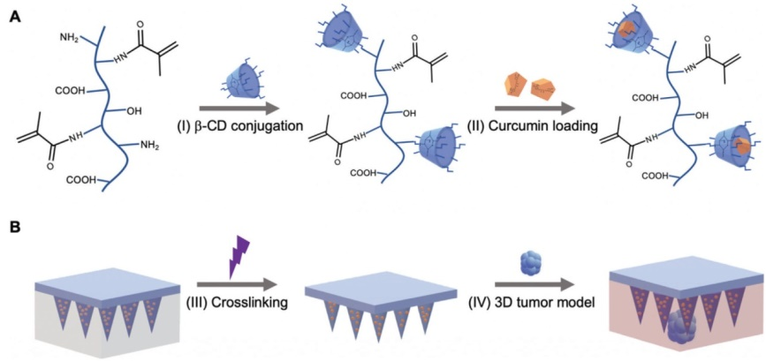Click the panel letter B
pos(15,228)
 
